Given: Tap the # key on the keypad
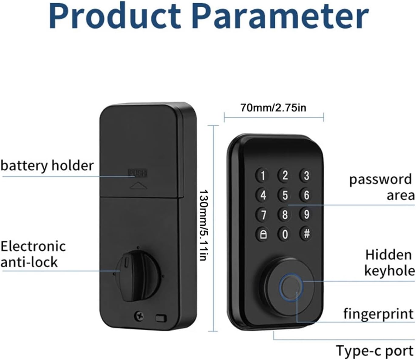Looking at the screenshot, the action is [306, 234].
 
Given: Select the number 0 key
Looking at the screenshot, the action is [285, 234].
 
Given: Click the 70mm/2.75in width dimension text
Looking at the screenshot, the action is [273, 108].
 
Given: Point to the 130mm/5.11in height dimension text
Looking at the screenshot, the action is [203, 225].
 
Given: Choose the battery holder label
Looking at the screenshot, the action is [47, 166].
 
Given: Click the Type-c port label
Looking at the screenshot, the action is [374, 351].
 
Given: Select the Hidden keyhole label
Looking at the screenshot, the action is [390, 263].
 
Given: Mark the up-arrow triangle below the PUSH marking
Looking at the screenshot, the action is [138, 186].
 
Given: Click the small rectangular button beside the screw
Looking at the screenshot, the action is [161, 318].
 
